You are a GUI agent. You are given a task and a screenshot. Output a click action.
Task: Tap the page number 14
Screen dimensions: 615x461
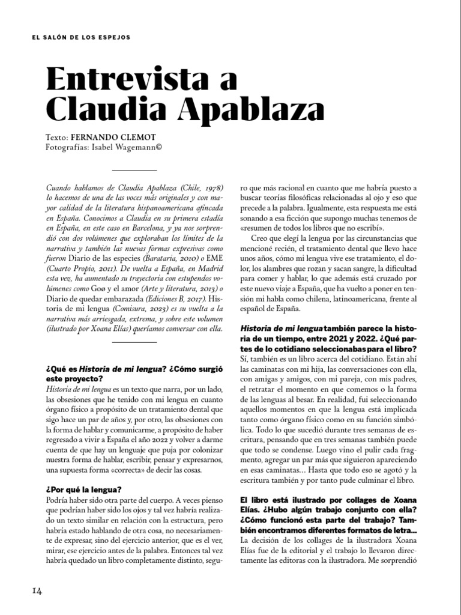(37, 591)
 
